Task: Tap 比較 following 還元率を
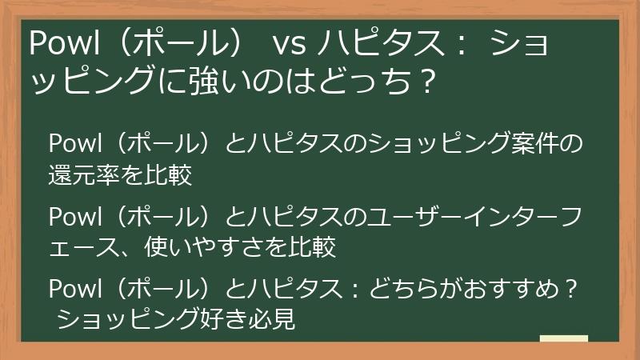(x=170, y=175)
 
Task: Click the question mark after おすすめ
(x=570, y=288)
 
